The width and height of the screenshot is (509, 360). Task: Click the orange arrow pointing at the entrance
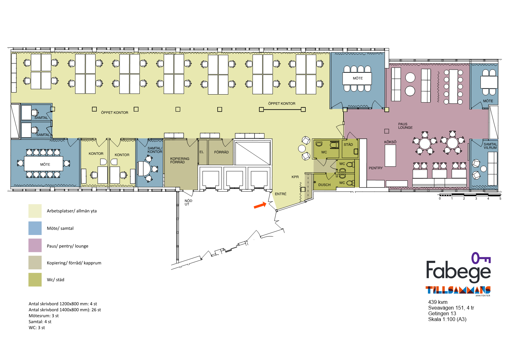(x=260, y=205)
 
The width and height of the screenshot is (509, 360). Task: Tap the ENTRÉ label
(x=281, y=194)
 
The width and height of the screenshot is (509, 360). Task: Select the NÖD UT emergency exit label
(x=188, y=203)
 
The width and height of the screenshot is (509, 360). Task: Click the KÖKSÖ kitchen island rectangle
(x=390, y=155)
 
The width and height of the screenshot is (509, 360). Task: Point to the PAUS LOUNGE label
(x=405, y=126)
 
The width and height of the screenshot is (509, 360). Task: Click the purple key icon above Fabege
(x=481, y=258)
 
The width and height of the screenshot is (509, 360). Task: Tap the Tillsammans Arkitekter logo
(x=458, y=291)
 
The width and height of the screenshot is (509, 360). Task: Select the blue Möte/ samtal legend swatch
(x=35, y=228)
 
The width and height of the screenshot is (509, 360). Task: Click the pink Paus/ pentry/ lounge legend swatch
(x=35, y=245)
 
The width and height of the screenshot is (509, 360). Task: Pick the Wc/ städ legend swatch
(x=35, y=280)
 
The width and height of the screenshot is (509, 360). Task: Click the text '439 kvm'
(x=438, y=302)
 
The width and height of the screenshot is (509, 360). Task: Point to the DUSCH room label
(x=324, y=185)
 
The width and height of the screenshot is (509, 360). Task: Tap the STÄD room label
(x=348, y=145)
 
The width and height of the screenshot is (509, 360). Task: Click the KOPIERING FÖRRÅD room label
(x=179, y=160)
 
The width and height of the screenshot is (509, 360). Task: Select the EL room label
(x=202, y=152)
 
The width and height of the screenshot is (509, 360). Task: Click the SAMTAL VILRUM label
(x=490, y=146)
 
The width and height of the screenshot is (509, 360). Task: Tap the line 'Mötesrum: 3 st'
(x=44, y=316)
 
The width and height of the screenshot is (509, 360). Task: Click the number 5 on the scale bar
(x=500, y=198)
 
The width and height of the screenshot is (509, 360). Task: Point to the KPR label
(x=295, y=177)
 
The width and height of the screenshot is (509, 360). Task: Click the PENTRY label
(x=376, y=168)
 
